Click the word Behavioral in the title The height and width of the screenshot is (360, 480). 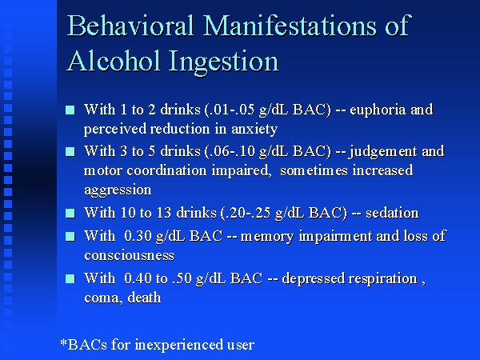click(130, 25)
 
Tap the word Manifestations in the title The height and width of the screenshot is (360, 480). click(290, 25)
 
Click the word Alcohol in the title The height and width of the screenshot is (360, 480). click(114, 61)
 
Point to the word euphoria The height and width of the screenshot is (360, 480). click(378, 110)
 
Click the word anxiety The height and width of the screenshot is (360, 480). click(254, 129)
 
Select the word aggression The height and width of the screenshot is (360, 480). click(118, 190)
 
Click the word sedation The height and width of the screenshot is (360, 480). click(392, 213)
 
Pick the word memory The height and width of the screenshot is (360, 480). click(267, 237)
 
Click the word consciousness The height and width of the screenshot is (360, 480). click(129, 255)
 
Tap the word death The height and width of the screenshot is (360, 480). click(144, 298)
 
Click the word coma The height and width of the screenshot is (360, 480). click(103, 298)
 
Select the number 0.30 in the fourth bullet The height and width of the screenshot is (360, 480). click(138, 236)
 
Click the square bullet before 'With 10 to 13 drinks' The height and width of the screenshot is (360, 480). click(70, 213)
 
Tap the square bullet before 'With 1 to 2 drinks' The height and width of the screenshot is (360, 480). click(70, 110)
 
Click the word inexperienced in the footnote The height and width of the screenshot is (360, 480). click(178, 345)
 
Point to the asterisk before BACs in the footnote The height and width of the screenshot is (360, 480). click(64, 342)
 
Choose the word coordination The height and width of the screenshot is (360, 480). click(166, 171)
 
